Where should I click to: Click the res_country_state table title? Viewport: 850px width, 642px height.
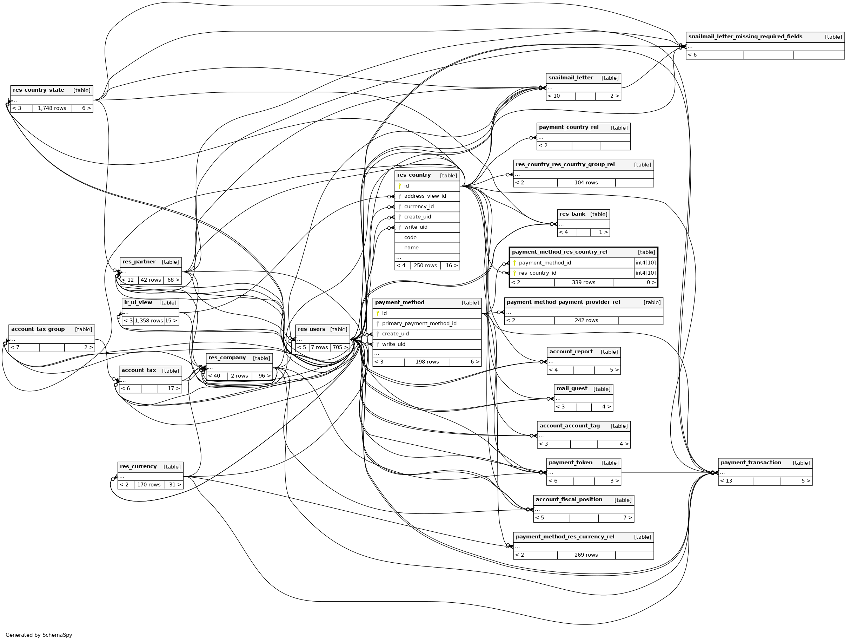38,90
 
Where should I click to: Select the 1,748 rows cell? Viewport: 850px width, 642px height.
52,109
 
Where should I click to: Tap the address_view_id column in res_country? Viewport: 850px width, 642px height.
425,196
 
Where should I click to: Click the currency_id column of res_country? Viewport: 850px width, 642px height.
418,207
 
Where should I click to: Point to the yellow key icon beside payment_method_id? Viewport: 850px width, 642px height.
514,263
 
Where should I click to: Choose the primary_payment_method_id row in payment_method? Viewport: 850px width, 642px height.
419,324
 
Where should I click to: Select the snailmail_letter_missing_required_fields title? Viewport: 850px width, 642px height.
745,37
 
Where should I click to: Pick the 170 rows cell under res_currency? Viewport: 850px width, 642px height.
149,485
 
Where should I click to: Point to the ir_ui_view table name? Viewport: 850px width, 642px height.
138,302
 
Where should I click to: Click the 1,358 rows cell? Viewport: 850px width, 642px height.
149,321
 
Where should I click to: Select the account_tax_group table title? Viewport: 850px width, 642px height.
38,329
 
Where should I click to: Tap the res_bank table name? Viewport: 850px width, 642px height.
572,214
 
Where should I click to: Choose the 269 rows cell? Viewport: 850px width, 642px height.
586,555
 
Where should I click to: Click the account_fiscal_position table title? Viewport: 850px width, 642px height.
569,500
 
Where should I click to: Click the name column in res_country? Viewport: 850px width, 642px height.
411,248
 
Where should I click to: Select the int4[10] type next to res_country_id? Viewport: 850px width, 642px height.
645,273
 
